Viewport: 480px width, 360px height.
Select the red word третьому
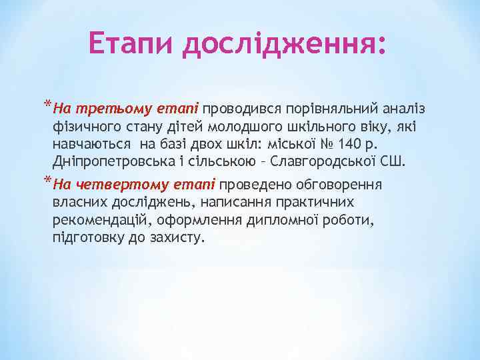(103, 107)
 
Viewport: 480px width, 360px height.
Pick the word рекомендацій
(99, 220)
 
